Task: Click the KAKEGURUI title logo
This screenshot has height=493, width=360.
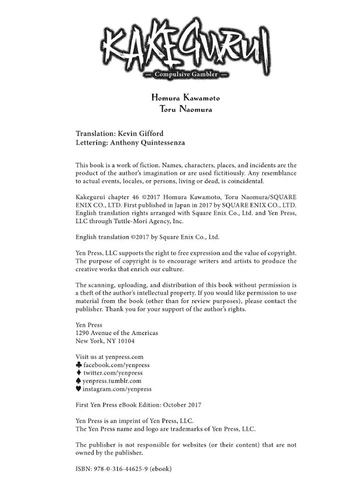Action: (x=185, y=48)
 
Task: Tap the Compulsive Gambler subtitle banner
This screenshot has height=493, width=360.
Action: (x=185, y=76)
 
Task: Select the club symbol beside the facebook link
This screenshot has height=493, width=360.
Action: (x=79, y=365)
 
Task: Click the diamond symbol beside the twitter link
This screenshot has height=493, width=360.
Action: (x=79, y=373)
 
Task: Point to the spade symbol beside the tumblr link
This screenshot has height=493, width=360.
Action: (x=79, y=381)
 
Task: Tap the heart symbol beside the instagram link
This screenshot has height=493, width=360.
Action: (x=79, y=389)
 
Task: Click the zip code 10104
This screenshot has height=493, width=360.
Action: (x=124, y=341)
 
